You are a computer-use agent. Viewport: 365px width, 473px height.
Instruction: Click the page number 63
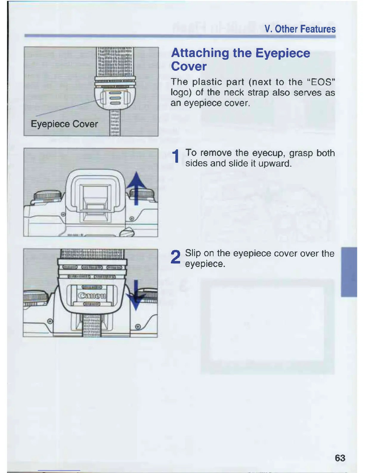[x=340, y=458]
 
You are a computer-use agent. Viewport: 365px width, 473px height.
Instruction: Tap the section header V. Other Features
[x=300, y=29]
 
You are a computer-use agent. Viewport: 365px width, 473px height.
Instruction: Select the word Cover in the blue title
[x=189, y=66]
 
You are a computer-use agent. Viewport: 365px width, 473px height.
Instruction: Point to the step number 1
[x=176, y=157]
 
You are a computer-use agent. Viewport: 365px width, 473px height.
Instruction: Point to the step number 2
[x=176, y=257]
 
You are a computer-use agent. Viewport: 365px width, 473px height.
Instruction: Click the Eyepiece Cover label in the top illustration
[x=64, y=124]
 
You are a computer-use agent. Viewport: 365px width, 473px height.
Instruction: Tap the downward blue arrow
[x=136, y=295]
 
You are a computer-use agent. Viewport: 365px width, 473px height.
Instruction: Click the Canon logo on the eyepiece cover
[x=92, y=296]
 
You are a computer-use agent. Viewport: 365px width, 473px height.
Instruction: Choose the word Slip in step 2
[x=193, y=253]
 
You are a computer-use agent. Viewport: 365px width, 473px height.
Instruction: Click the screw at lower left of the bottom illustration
[x=50, y=321]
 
